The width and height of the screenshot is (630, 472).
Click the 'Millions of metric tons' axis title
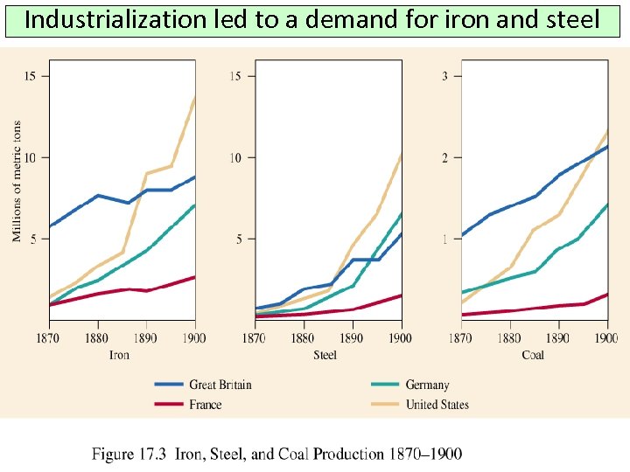[x=17, y=181]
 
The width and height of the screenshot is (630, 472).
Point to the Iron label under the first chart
[x=119, y=355]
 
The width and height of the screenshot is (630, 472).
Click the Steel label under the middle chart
[x=325, y=355]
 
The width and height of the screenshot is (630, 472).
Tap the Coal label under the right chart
[x=533, y=355]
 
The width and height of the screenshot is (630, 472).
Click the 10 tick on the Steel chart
[x=236, y=157]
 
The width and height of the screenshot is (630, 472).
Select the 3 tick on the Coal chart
[x=445, y=76]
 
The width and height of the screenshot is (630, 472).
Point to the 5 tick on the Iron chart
[x=33, y=239]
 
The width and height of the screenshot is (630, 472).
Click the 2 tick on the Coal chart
[x=445, y=157]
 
